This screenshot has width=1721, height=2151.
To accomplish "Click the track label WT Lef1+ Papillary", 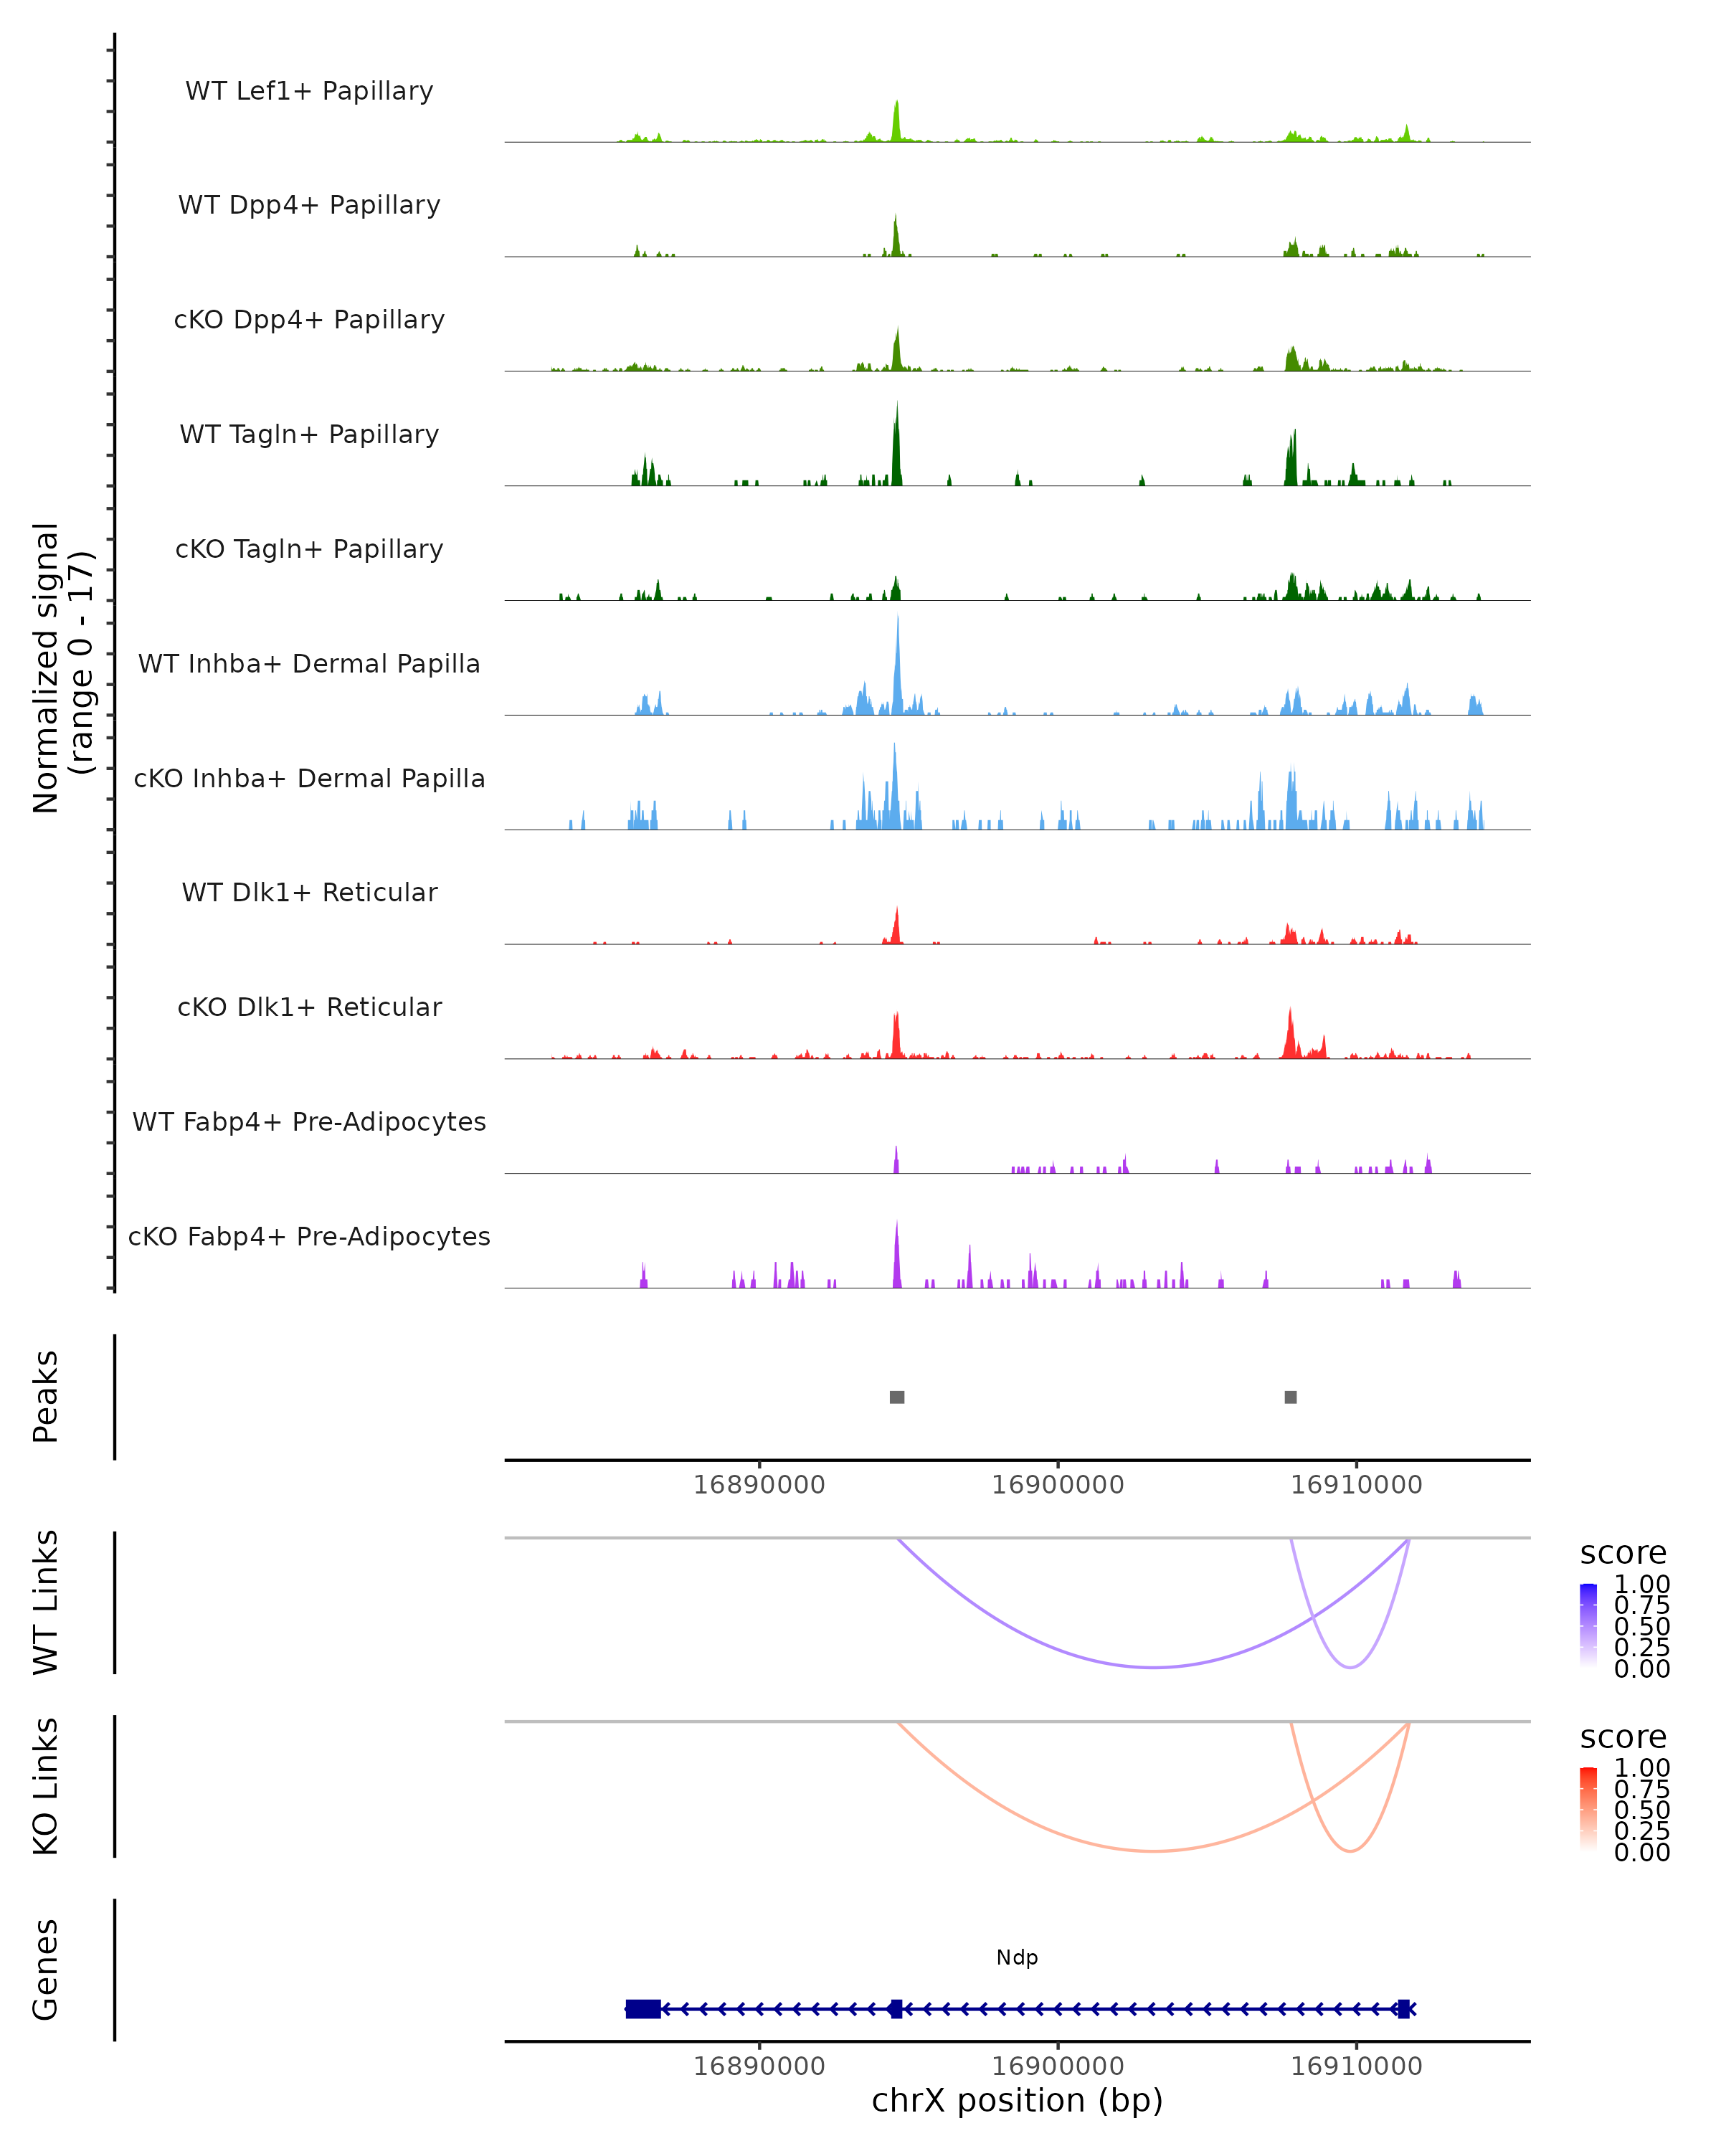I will coord(309,91).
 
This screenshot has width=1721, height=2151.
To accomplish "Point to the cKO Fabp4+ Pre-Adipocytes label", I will coord(309,1236).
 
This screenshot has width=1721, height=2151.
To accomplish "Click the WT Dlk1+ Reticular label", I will coord(309,892).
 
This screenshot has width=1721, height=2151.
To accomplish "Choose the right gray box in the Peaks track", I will coord(1291,1397).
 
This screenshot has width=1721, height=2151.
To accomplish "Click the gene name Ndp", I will coord(1017,1957).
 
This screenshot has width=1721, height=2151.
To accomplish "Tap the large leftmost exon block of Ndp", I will coord(643,2008).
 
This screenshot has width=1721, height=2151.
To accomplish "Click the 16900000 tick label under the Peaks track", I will coord(1058,1485).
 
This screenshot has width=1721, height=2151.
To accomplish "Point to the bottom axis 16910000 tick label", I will coord(1356,2066).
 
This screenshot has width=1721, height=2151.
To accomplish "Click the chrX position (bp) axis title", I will coord(1017,2100).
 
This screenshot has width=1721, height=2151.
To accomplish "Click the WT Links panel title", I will coord(46,1602).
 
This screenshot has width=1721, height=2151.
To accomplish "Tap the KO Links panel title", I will coord(46,1786).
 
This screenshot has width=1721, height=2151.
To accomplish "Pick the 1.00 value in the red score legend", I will coord(1642,1767).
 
